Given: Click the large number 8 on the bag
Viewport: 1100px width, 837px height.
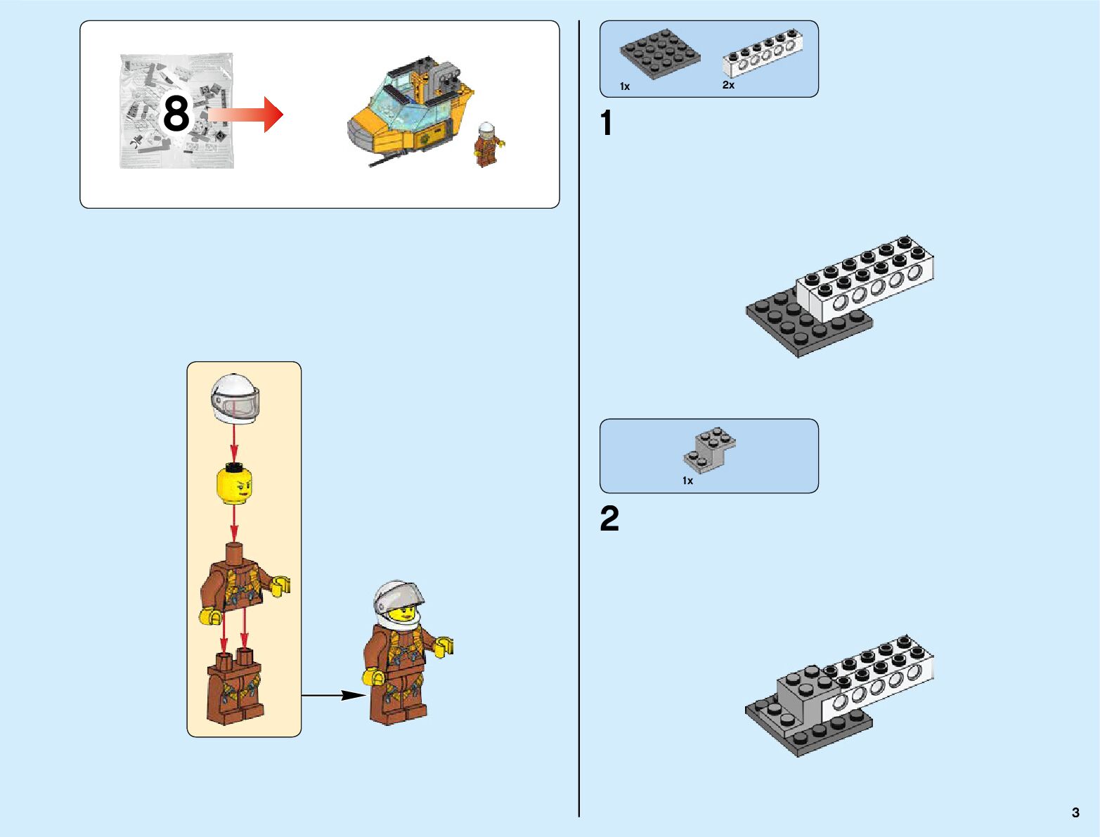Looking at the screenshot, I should tap(176, 114).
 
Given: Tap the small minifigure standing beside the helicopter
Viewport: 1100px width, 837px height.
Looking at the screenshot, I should tap(486, 145).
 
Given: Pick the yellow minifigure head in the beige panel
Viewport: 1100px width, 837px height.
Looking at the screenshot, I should tap(235, 485).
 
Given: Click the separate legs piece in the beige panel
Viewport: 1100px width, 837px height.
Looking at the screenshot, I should tap(235, 687).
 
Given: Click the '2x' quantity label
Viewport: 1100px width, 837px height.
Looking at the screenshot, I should tap(728, 85).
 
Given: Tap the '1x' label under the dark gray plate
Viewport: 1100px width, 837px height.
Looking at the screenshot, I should tap(625, 86).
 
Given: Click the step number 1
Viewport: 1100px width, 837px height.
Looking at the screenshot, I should tap(607, 124).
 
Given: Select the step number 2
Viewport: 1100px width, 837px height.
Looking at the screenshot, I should tap(609, 519).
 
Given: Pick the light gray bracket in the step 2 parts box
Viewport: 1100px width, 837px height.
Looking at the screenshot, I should tap(708, 450).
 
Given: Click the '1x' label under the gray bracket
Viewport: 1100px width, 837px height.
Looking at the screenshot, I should tap(687, 481).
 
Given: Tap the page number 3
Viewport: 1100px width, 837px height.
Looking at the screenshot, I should tap(1075, 812).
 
